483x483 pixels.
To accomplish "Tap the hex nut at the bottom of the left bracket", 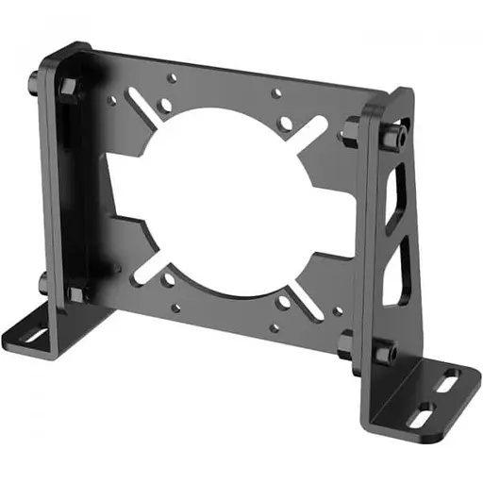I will [75, 291].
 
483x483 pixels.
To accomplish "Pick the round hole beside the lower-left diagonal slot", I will [169, 279].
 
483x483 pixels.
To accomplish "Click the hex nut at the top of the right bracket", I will [355, 125].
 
